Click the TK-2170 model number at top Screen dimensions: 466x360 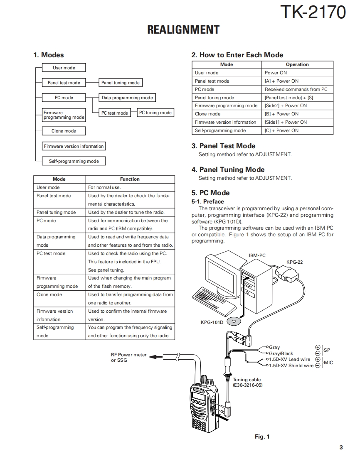(313, 12)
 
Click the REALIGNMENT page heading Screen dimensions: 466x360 (183, 30)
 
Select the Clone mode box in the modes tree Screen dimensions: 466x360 (64, 131)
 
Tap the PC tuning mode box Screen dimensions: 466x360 (155, 113)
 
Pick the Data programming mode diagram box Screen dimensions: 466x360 (127, 98)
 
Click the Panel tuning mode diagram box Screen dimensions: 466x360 (121, 83)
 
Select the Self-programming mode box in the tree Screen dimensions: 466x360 (74, 161)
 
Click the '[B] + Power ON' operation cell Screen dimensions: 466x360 (281, 114)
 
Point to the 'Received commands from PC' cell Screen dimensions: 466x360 (296, 89)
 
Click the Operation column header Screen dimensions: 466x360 (297, 64)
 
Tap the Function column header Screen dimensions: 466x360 (130, 179)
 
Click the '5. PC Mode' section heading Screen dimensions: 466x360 (210, 193)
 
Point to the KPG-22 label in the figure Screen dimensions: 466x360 (294, 262)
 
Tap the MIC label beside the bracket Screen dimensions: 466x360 (328, 363)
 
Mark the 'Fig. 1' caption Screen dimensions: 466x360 (262, 437)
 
